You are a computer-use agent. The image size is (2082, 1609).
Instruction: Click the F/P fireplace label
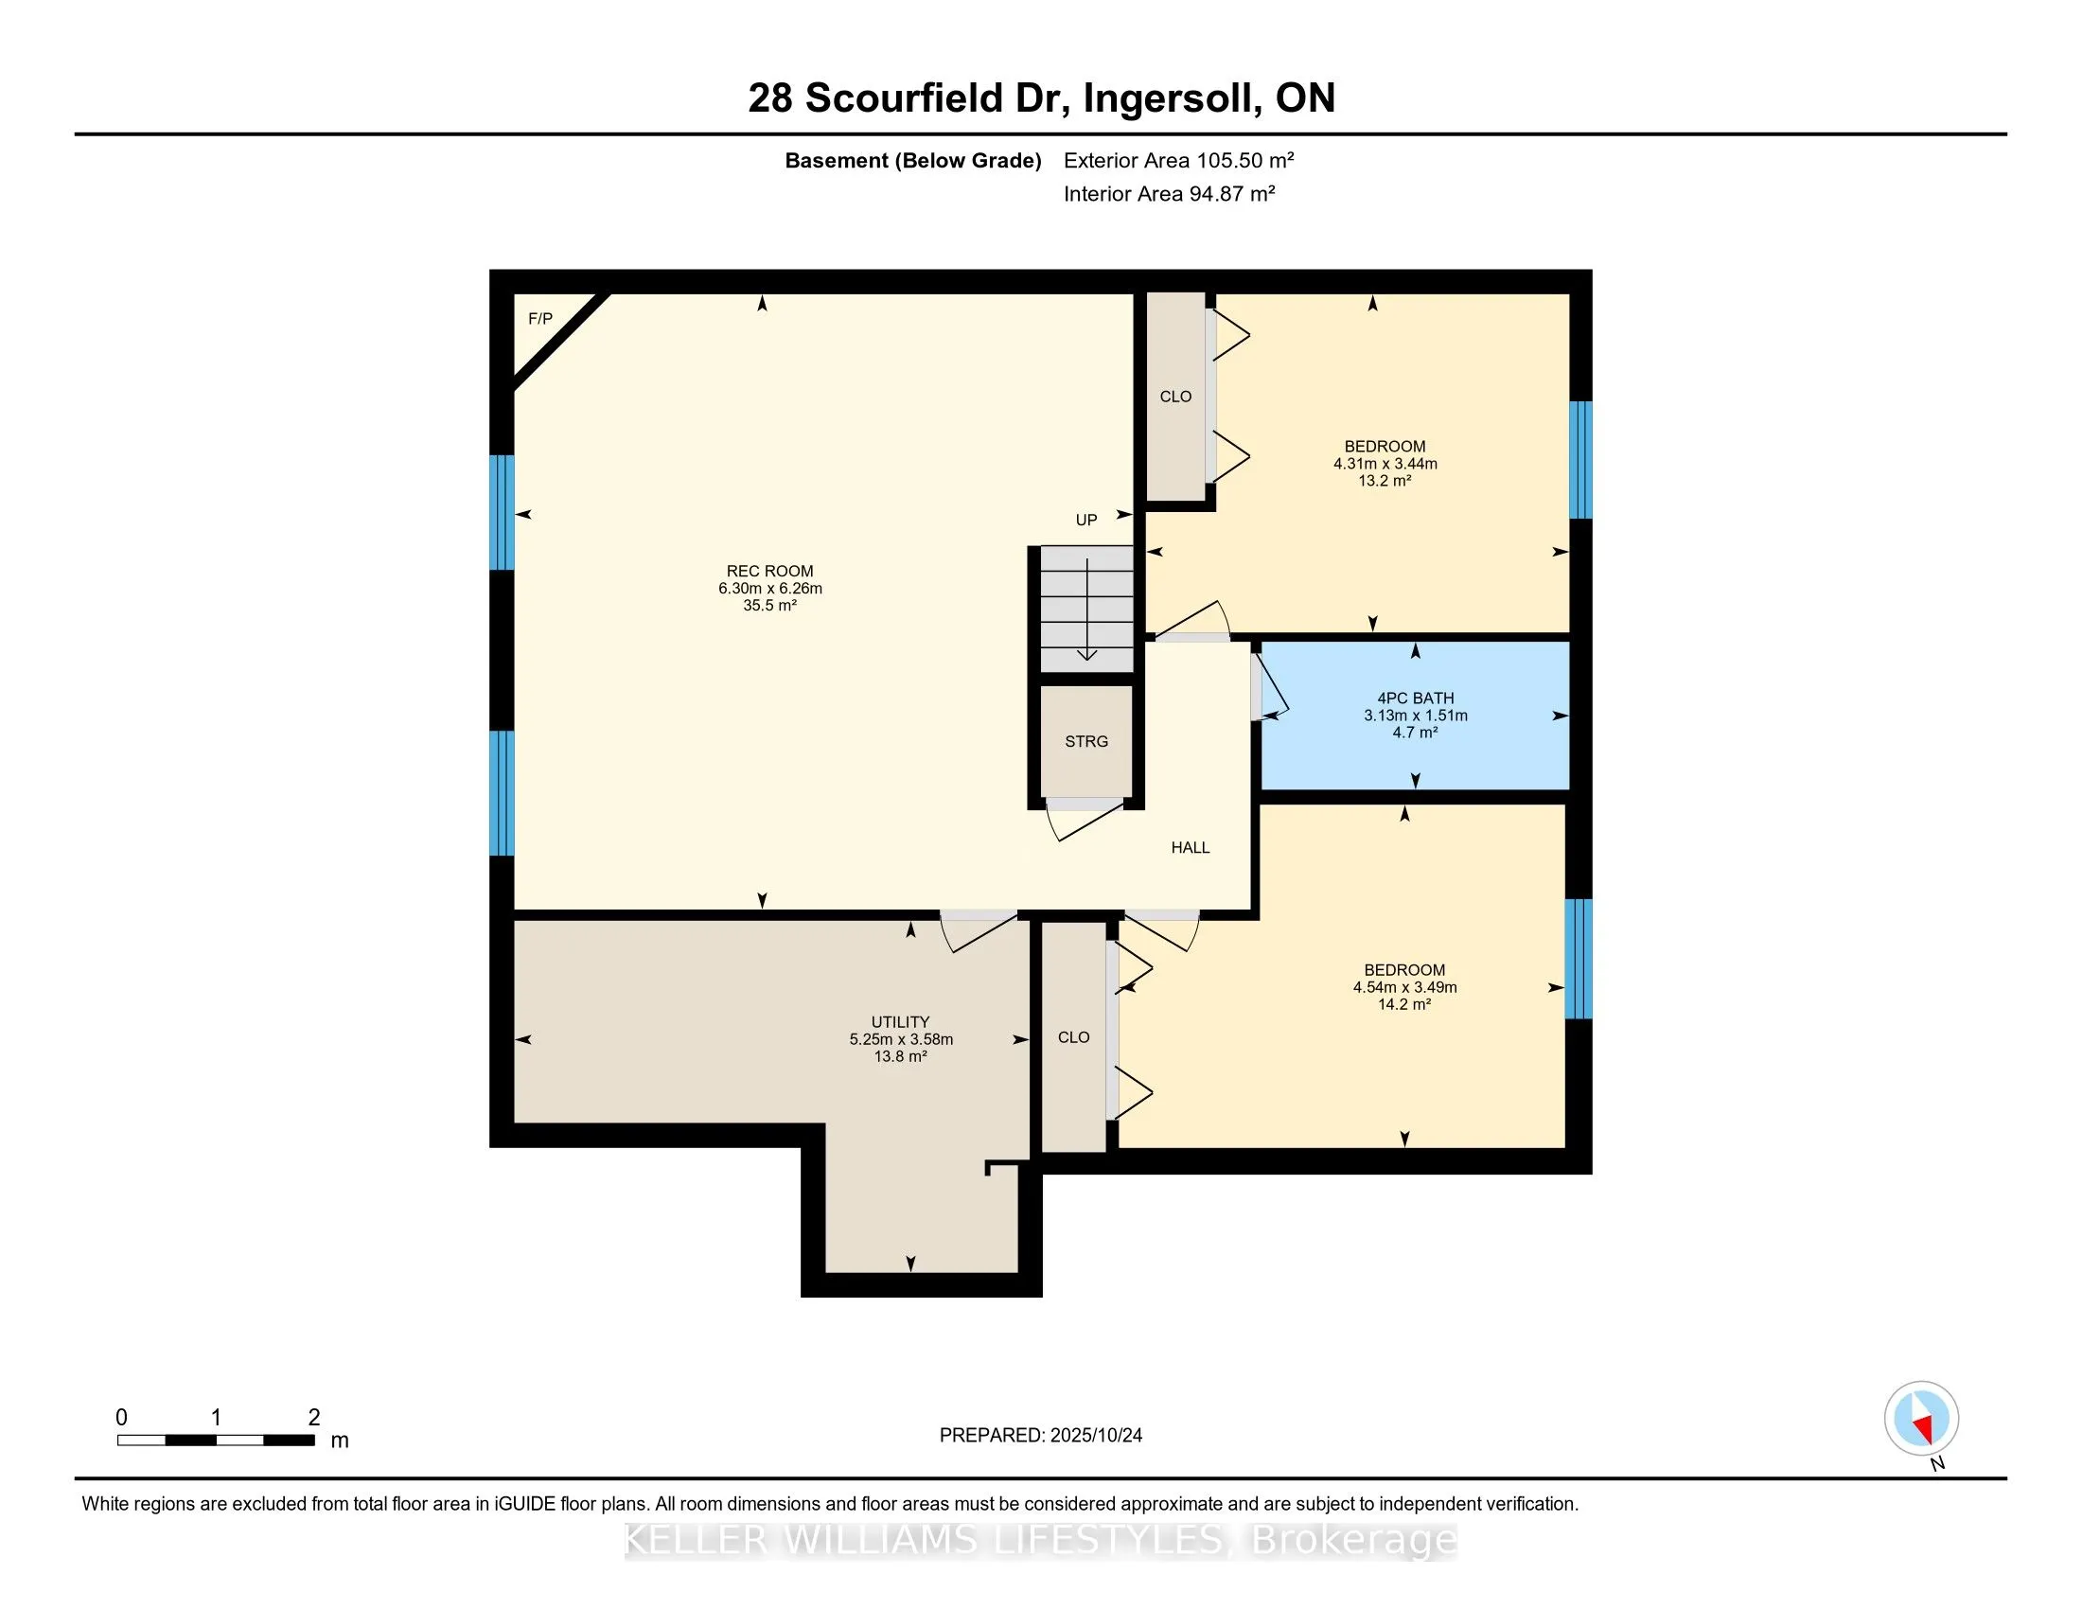click(x=539, y=318)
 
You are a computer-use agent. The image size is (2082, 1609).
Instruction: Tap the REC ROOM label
click(x=769, y=571)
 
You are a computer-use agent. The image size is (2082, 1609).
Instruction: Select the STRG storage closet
click(x=1085, y=741)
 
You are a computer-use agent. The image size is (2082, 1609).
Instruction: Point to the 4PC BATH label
click(x=1415, y=698)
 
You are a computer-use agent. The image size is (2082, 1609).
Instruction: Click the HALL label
click(x=1190, y=847)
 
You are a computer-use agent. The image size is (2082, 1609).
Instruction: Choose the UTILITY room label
click(x=899, y=1022)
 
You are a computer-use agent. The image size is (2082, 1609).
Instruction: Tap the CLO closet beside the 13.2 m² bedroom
click(x=1175, y=397)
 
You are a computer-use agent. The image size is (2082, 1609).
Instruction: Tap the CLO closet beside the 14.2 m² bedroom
click(x=1073, y=1037)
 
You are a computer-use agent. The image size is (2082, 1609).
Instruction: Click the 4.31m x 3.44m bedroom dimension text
click(x=1385, y=464)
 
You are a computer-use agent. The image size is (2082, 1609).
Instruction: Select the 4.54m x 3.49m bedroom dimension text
click(x=1404, y=987)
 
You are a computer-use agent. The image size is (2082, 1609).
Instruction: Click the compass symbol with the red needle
click(x=1921, y=1419)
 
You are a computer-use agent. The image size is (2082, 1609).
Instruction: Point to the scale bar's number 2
click(x=313, y=1418)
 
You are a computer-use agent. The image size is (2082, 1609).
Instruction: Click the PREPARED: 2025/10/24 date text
click(x=1040, y=1436)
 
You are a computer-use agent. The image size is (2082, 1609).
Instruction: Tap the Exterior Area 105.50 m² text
click(x=1178, y=160)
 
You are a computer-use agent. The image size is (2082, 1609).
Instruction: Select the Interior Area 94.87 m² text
click(x=1169, y=193)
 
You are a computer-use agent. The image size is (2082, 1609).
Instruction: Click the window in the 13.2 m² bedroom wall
click(x=1579, y=459)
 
